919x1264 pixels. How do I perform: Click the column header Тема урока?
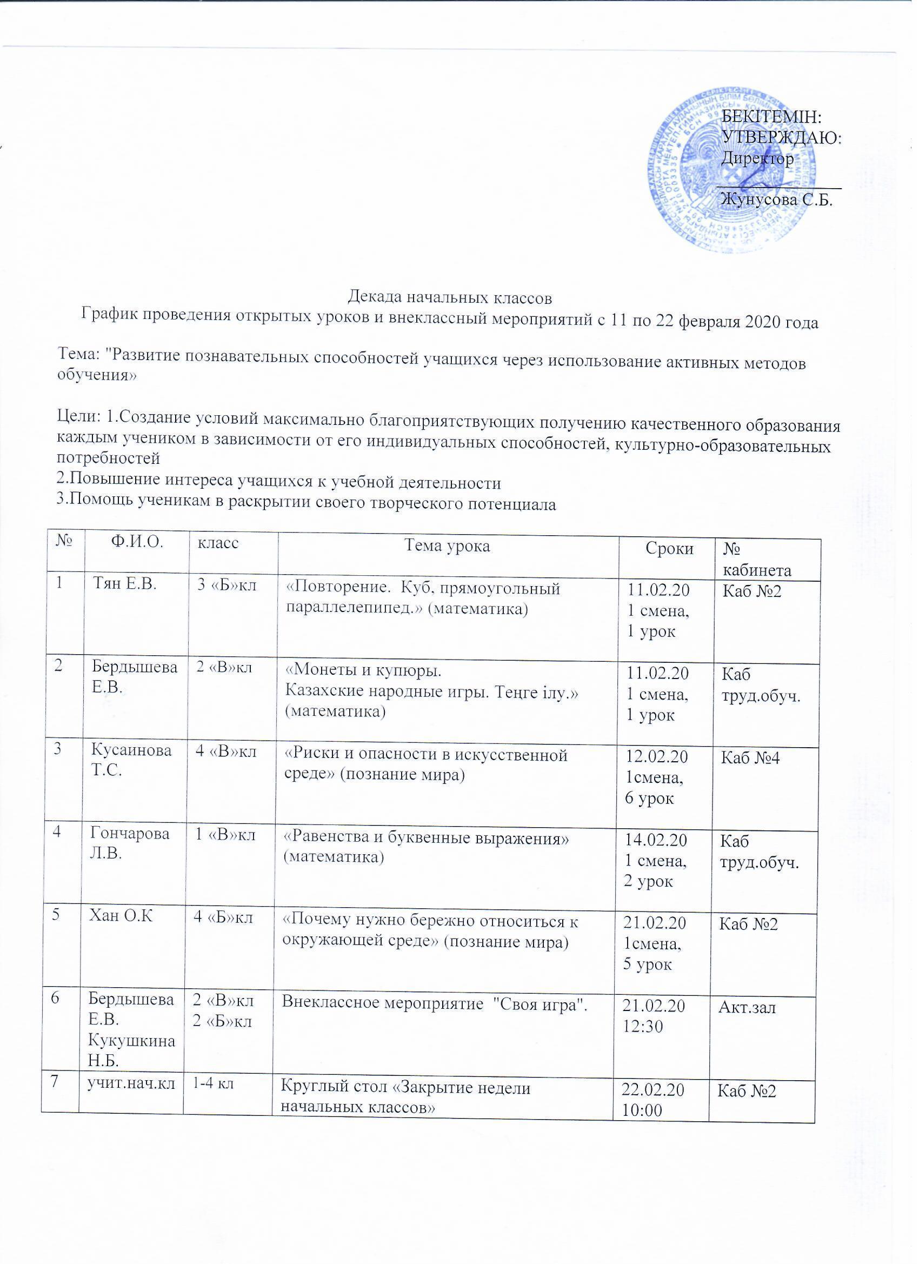448,546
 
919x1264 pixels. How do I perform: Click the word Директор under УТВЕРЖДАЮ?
757,159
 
